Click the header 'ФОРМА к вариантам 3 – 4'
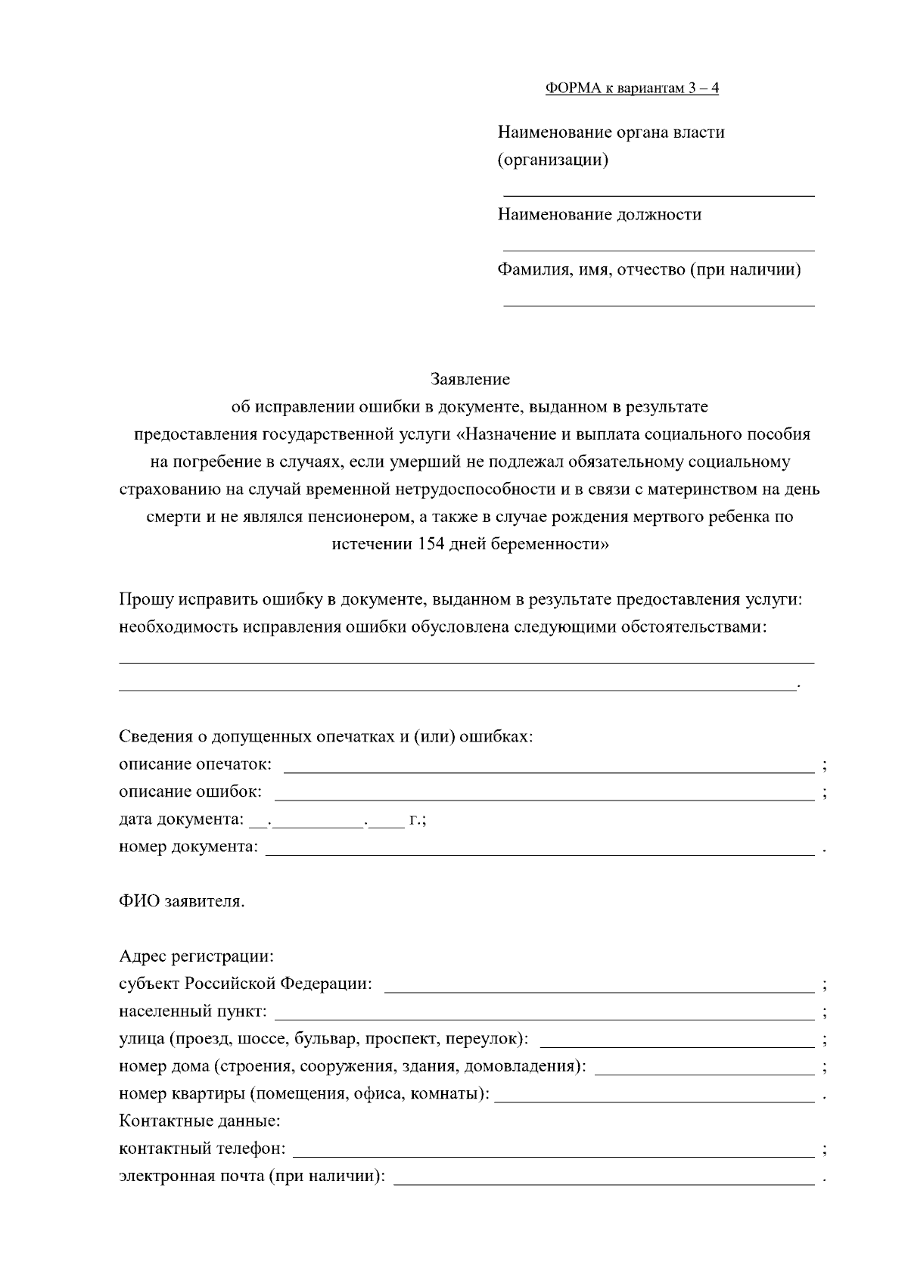632,89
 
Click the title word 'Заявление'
470,378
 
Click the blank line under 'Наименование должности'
658,249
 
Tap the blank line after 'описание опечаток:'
549,772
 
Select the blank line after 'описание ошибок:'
543,799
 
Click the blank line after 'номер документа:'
540,854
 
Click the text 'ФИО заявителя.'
182,902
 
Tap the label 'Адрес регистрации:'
196,956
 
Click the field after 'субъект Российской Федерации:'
599,990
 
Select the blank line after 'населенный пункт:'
544,1018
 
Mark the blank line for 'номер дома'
704,1073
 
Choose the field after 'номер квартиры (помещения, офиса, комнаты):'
655,1101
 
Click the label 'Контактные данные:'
199,1121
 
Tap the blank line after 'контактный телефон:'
553,1155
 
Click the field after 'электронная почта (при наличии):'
603,1183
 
